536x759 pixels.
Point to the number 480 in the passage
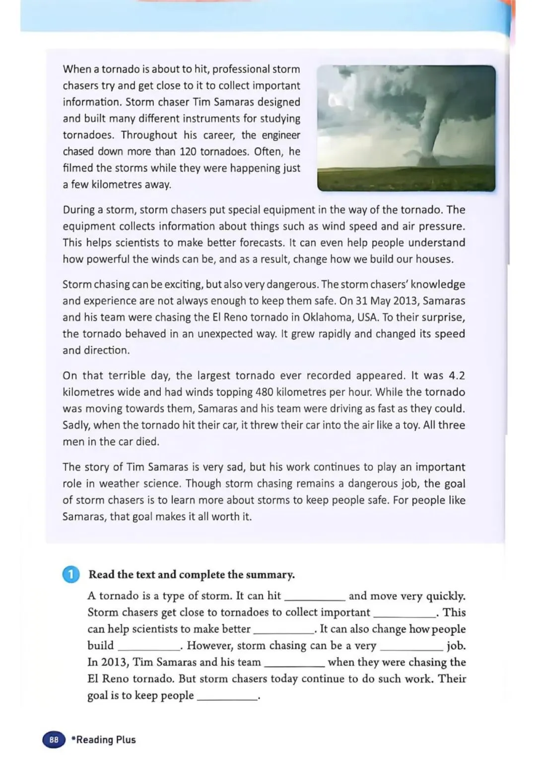pyautogui.click(x=264, y=392)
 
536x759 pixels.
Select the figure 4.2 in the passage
pyautogui.click(x=457, y=376)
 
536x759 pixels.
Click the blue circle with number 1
pyautogui.click(x=70, y=575)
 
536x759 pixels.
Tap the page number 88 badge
pyautogui.click(x=54, y=740)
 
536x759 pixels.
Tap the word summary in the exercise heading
pyautogui.click(x=271, y=575)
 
